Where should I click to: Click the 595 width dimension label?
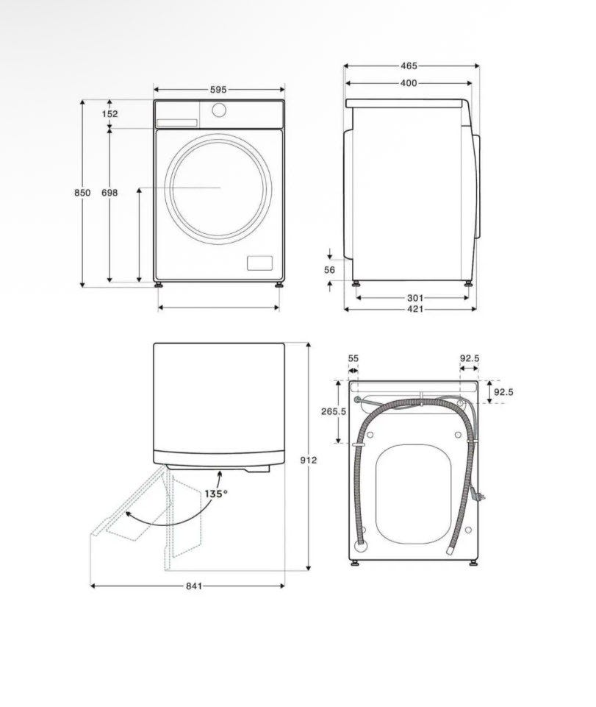pos(218,90)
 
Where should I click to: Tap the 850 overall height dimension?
pos(82,193)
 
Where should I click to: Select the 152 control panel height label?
pos(109,113)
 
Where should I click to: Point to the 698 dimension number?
pos(109,193)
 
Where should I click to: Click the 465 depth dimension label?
pos(409,65)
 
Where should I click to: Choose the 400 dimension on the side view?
pos(409,83)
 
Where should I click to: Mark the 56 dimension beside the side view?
pos(330,270)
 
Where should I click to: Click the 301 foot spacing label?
pos(415,298)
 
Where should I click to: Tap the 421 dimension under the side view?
pos(415,309)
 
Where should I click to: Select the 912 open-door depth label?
pos(309,460)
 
